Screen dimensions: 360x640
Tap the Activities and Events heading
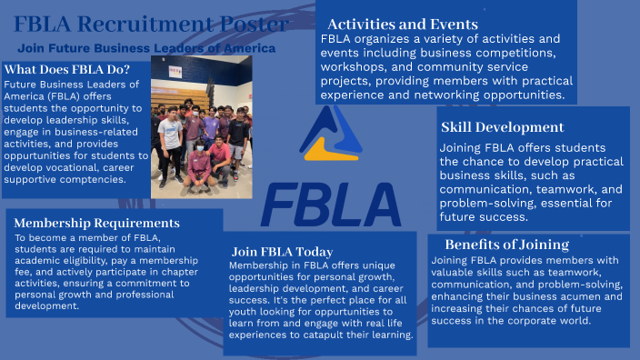click(402, 24)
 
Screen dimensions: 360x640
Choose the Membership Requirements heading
click(96, 222)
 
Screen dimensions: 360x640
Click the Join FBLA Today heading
click(282, 251)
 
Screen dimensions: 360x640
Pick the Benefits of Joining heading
click(507, 245)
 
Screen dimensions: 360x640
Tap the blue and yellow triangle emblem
click(332, 134)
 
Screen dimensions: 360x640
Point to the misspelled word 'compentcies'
click(99, 180)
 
